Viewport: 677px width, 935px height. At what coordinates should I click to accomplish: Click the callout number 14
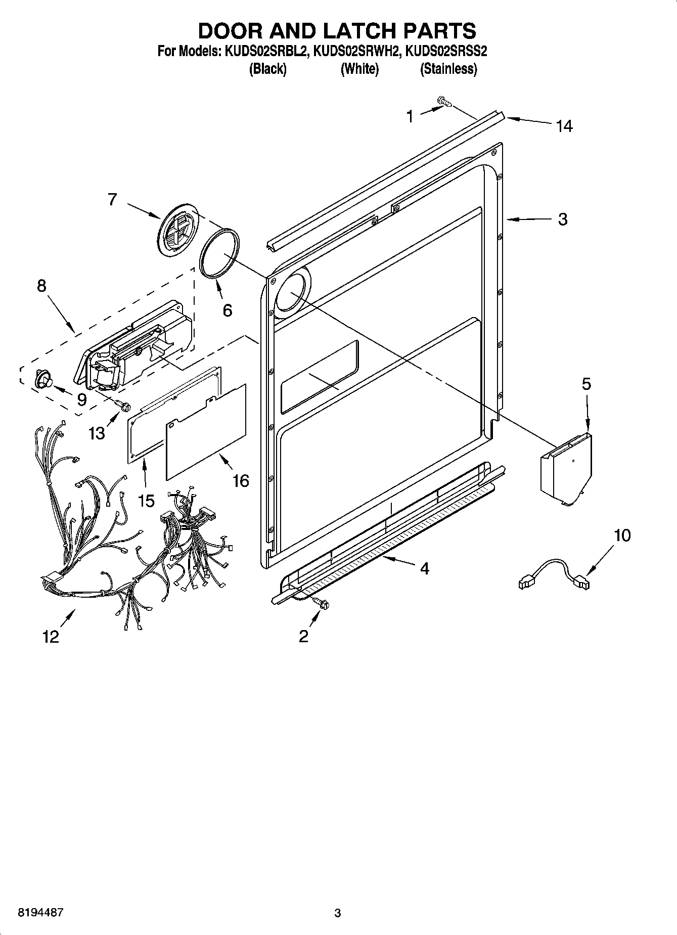[x=564, y=126]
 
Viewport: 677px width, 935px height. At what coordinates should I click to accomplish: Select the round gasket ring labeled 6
[x=220, y=253]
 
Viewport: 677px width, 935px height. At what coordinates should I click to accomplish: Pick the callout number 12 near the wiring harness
[x=51, y=637]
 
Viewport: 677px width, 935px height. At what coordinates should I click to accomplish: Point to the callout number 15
[x=146, y=501]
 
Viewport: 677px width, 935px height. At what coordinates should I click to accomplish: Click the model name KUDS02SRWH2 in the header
[x=357, y=51]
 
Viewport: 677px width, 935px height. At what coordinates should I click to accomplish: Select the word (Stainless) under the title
[x=448, y=69]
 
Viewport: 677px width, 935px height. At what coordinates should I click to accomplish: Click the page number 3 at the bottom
[x=338, y=913]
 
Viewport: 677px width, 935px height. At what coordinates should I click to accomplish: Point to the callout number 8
[x=41, y=286]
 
